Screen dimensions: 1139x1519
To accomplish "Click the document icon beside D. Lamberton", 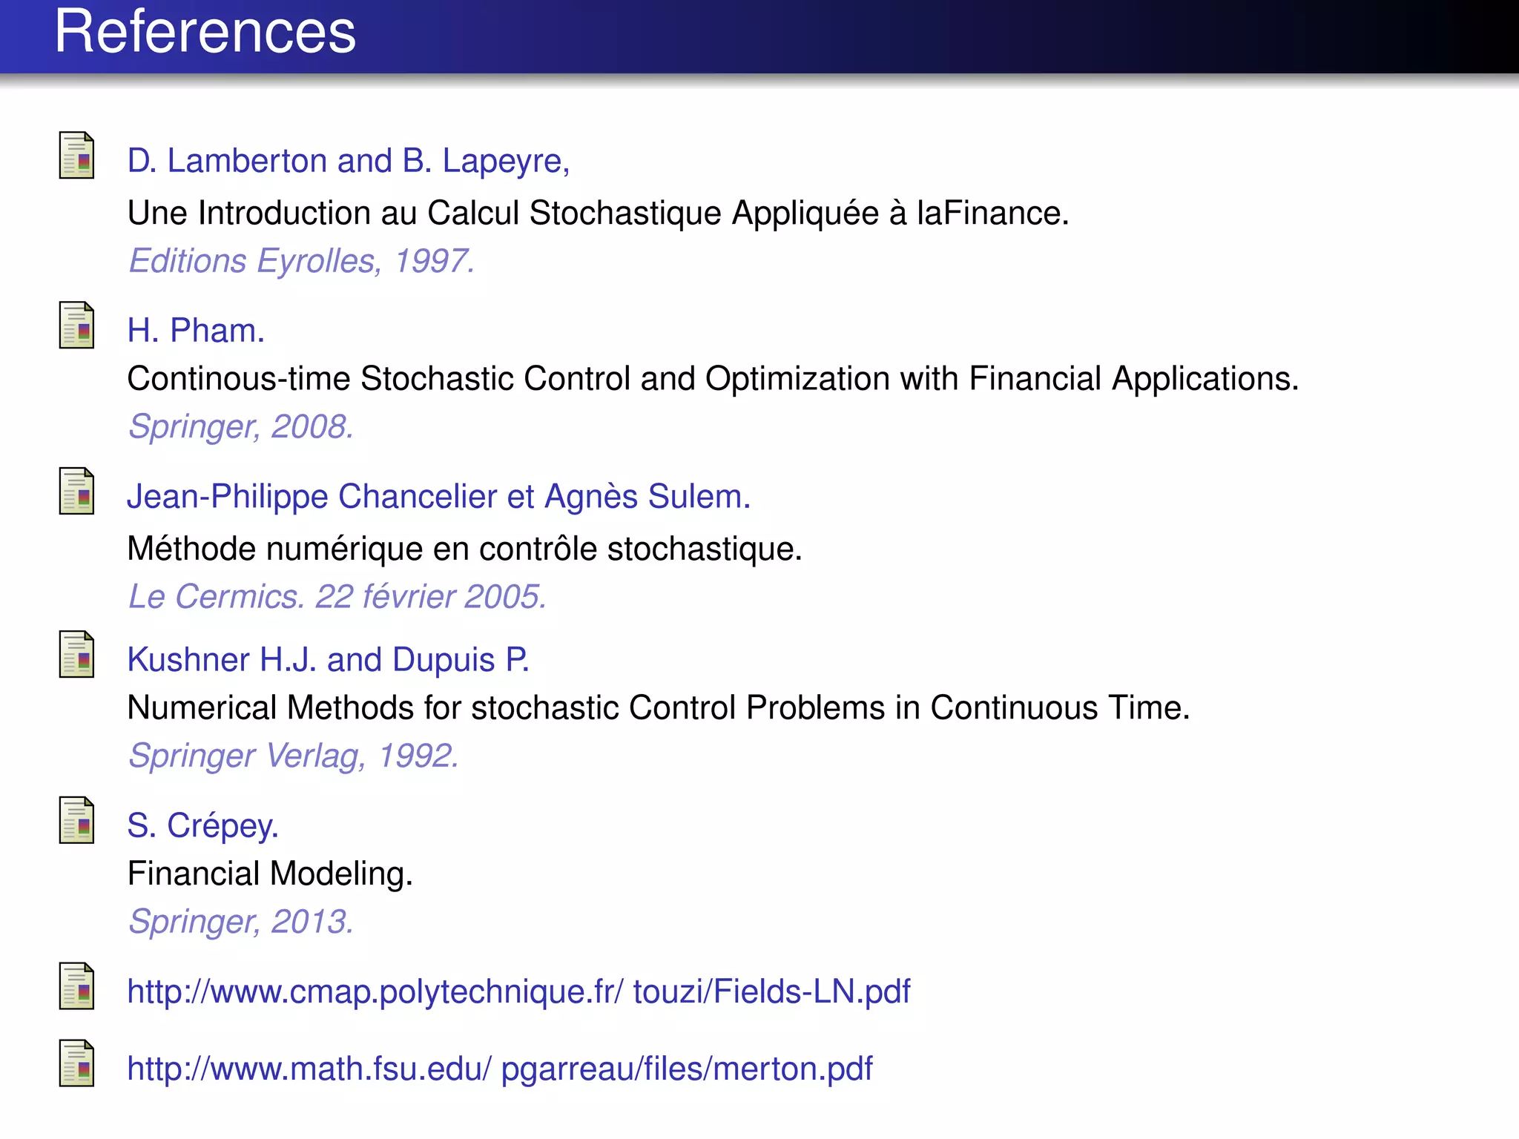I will pos(76,156).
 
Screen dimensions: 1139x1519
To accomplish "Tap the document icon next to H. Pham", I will pos(76,326).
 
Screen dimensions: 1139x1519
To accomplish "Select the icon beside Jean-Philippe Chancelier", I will pos(76,492).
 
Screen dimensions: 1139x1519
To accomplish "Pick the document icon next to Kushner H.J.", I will pos(76,655).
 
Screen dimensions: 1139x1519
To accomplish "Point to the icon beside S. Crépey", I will pos(76,821).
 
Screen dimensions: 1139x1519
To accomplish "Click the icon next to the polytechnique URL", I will pos(76,986).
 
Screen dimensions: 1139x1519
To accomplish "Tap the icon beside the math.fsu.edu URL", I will pos(76,1064).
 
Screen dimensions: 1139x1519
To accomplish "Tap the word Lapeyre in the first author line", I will pos(506,162).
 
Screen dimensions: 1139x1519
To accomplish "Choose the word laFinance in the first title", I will pos(992,214).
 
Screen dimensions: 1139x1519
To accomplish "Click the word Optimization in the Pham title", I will pos(797,379).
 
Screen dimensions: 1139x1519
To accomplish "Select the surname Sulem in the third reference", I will pos(699,497).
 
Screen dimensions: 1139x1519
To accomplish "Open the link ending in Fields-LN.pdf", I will pos(518,991).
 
